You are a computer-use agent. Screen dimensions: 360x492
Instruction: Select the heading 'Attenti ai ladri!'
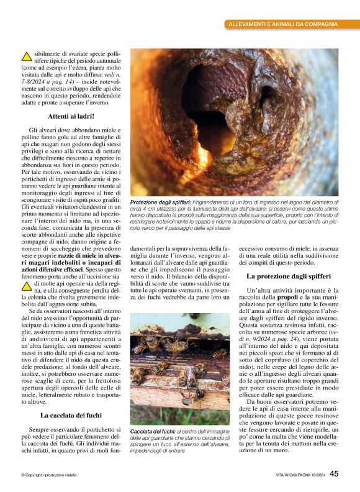(x=71, y=116)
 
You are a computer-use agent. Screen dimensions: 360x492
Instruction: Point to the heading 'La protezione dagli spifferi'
(x=289, y=275)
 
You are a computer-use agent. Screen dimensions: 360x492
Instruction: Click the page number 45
(x=334, y=473)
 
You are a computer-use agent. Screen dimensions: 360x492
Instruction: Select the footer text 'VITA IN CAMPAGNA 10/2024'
(x=300, y=475)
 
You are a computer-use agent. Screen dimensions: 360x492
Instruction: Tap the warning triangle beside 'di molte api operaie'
(x=26, y=285)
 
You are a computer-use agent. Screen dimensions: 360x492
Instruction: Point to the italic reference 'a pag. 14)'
(x=60, y=81)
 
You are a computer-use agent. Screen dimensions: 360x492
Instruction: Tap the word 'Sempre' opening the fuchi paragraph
(x=41, y=412)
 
